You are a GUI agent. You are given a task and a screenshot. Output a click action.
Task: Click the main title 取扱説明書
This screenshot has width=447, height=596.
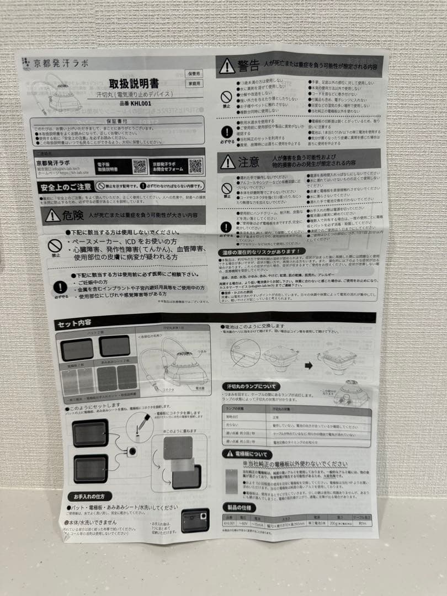[x=134, y=84]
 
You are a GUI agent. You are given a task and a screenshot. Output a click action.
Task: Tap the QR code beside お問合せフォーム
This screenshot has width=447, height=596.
[x=195, y=166]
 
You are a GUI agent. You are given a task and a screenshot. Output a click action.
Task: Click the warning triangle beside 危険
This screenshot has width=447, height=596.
[x=53, y=216]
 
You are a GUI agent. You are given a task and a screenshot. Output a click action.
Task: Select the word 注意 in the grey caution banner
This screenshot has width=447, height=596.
[x=248, y=162]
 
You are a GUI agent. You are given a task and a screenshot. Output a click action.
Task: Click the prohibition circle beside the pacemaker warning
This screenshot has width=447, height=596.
[x=54, y=245]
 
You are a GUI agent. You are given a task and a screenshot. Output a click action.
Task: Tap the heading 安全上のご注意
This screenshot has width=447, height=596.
[x=65, y=187]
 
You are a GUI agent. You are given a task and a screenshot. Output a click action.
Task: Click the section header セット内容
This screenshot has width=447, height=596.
[x=74, y=323]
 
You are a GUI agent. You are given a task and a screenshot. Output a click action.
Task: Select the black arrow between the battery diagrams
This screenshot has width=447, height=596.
[x=308, y=365]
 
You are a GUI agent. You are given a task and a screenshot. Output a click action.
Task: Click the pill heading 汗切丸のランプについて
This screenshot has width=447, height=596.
[x=252, y=386]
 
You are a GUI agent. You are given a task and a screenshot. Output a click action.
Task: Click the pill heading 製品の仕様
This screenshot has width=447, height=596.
[x=238, y=507]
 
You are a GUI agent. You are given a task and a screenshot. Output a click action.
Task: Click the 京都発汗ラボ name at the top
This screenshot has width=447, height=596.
[x=54, y=63]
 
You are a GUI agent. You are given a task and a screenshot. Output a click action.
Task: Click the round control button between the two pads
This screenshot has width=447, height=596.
[x=132, y=451]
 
